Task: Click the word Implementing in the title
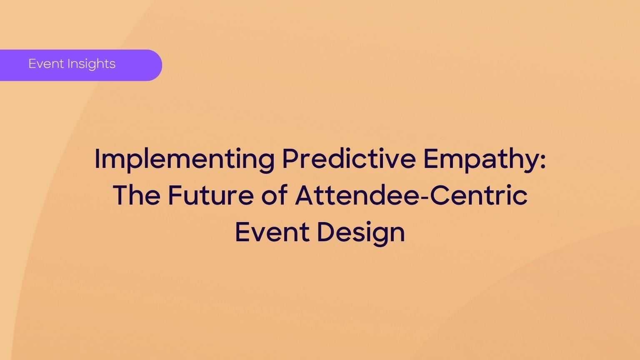coord(184,160)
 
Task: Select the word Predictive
coord(349,159)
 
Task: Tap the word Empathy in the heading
coord(481,160)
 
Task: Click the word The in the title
coord(137,195)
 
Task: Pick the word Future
coord(210,195)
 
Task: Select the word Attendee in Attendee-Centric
coord(357,195)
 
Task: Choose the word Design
coord(361,233)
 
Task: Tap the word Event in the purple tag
coord(46,63)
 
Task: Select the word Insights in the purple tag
coord(91,64)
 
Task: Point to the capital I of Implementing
coord(97,158)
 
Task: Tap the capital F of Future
coord(175,195)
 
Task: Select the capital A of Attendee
coord(305,195)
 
